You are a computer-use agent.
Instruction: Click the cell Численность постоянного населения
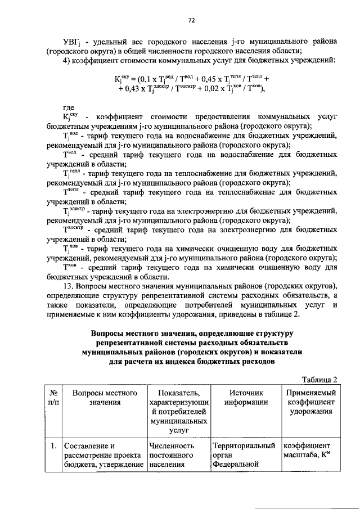pos(172,455)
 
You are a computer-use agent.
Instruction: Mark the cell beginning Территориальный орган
pos(242,455)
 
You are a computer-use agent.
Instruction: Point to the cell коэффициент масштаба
pos(310,451)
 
